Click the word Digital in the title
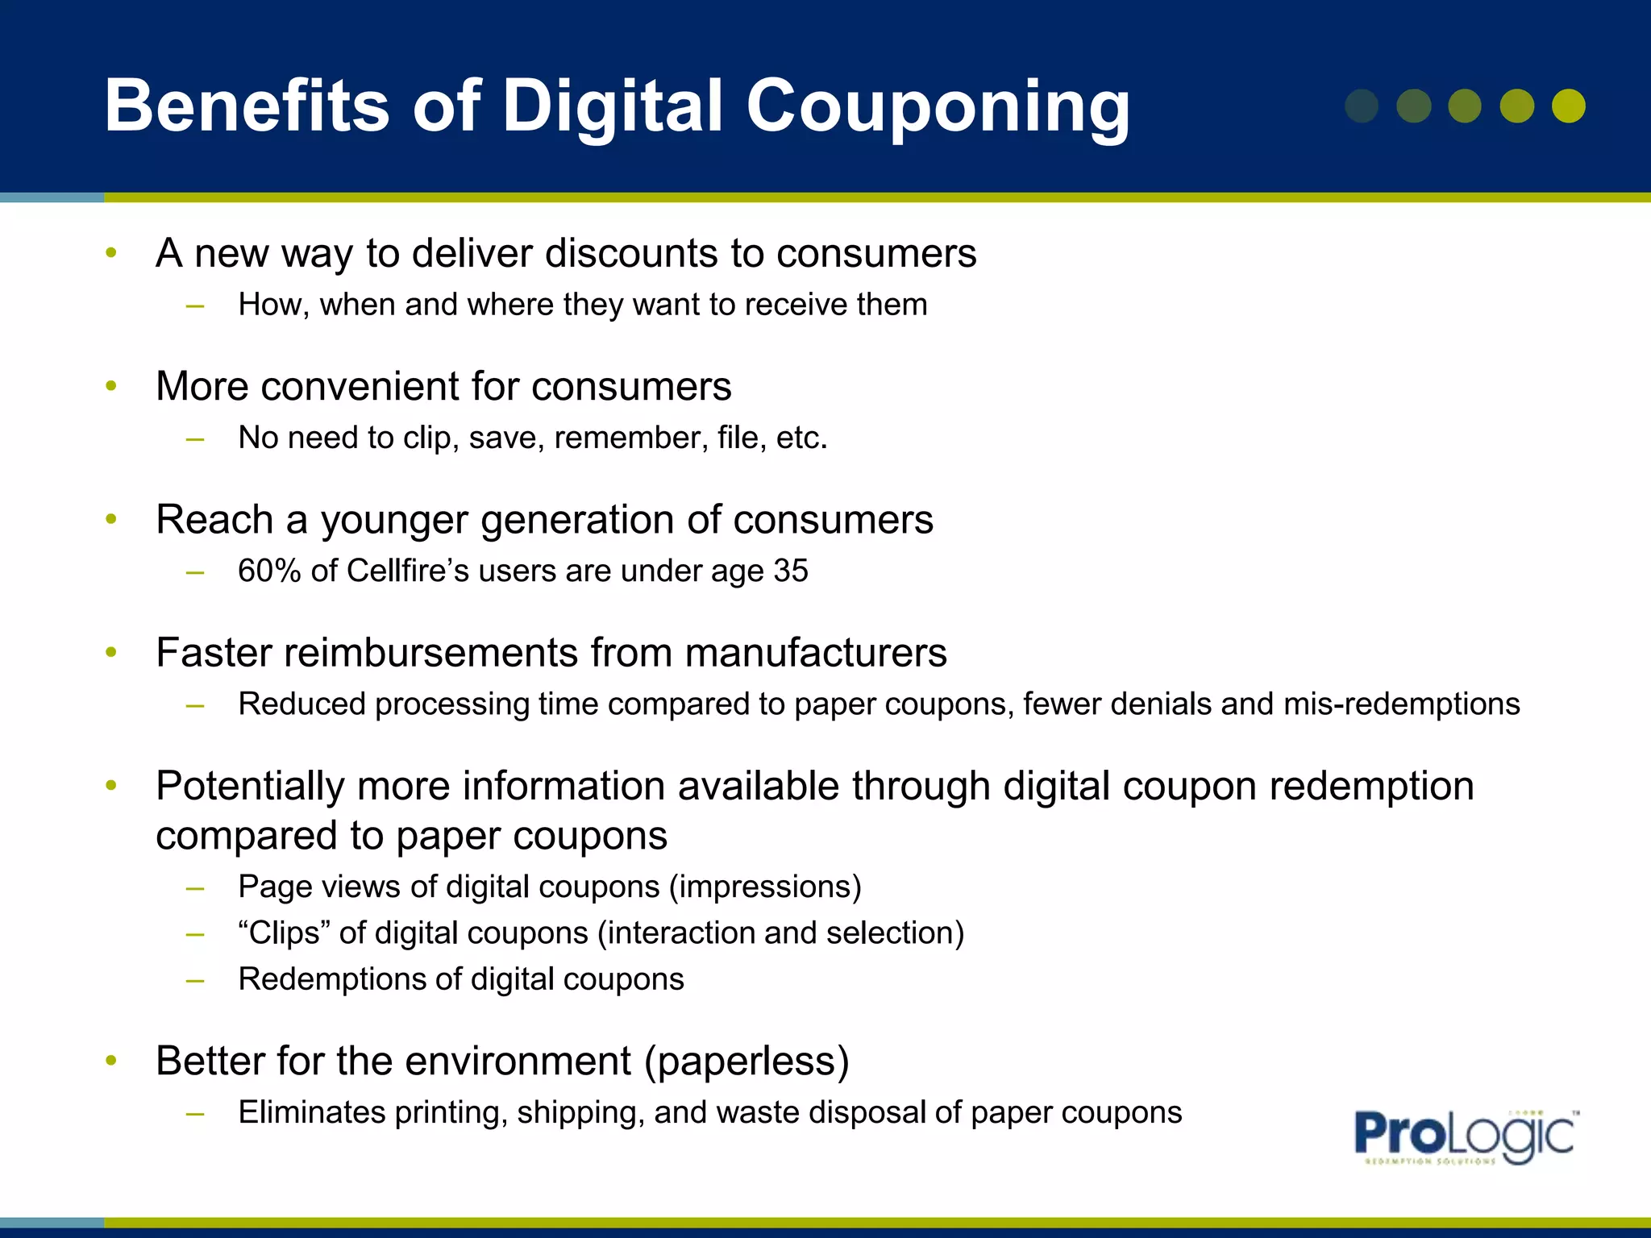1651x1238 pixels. tap(613, 106)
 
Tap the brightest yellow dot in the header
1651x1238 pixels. tap(1568, 106)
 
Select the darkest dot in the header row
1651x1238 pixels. tap(1362, 106)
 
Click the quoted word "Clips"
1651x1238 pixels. tap(284, 933)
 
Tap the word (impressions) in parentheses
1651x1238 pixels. tap(765, 887)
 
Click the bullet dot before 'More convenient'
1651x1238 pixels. tap(111, 386)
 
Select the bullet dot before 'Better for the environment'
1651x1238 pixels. tap(111, 1061)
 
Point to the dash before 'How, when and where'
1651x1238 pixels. tap(194, 305)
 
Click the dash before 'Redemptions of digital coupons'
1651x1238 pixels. tap(194, 980)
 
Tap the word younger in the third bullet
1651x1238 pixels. tap(394, 520)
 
